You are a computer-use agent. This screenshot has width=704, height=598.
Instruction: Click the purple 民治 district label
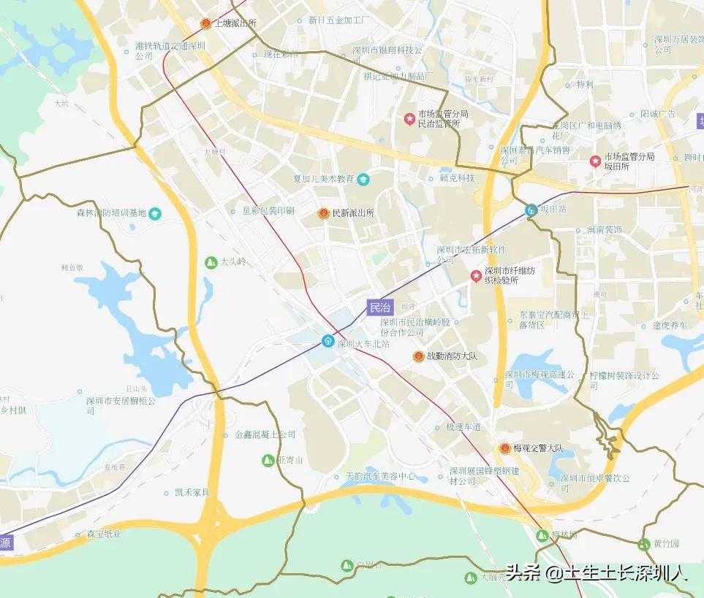(380, 307)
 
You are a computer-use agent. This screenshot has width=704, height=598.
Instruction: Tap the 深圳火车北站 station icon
(328, 341)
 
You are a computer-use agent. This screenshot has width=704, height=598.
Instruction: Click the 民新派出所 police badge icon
(323, 213)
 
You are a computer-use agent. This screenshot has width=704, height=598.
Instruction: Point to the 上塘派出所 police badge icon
(205, 23)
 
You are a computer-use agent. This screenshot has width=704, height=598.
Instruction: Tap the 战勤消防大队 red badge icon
(419, 356)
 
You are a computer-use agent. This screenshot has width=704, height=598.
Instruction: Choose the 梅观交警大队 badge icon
(504, 448)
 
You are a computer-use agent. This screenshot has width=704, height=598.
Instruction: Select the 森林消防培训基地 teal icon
(155, 213)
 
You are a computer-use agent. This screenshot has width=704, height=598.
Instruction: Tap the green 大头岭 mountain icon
(211, 262)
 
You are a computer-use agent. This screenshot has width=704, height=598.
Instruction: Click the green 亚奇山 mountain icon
(268, 460)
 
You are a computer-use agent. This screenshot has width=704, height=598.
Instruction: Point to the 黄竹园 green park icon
(644, 544)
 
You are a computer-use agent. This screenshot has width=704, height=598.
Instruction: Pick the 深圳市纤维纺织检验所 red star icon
(476, 275)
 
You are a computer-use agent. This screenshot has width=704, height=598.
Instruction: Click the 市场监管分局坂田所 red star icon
(596, 161)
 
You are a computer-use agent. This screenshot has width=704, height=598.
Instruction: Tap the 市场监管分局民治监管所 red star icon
(409, 118)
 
